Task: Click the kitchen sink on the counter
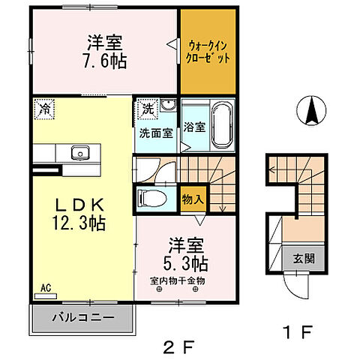pos(79,153)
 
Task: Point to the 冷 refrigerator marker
pos(42,108)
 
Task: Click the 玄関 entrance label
pos(302,259)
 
